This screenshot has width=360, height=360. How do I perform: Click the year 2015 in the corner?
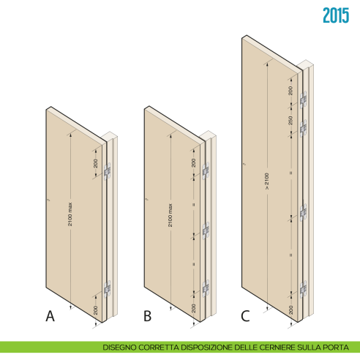click(336, 15)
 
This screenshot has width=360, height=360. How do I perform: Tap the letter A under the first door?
click(50, 316)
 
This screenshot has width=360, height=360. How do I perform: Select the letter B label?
click(147, 316)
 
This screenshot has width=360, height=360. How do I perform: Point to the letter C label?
click(245, 316)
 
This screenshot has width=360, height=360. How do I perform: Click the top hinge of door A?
click(108, 171)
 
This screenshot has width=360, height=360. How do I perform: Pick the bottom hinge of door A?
click(108, 289)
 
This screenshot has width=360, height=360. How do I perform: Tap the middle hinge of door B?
click(206, 230)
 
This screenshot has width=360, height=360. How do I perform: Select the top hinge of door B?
click(206, 170)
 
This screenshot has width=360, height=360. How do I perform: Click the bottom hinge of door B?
click(206, 288)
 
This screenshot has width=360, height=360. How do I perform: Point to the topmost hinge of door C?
click(304, 100)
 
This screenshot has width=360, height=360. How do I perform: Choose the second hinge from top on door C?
click(304, 128)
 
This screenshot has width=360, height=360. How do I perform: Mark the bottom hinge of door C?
click(304, 290)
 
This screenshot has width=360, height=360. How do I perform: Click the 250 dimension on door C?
click(290, 121)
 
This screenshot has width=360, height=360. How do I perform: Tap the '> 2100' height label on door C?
click(267, 181)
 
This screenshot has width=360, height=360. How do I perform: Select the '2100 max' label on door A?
click(70, 214)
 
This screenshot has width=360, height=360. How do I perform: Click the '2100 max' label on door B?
click(170, 215)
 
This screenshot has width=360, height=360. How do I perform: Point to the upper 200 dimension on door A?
click(96, 163)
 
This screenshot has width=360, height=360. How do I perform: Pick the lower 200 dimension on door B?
click(194, 308)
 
